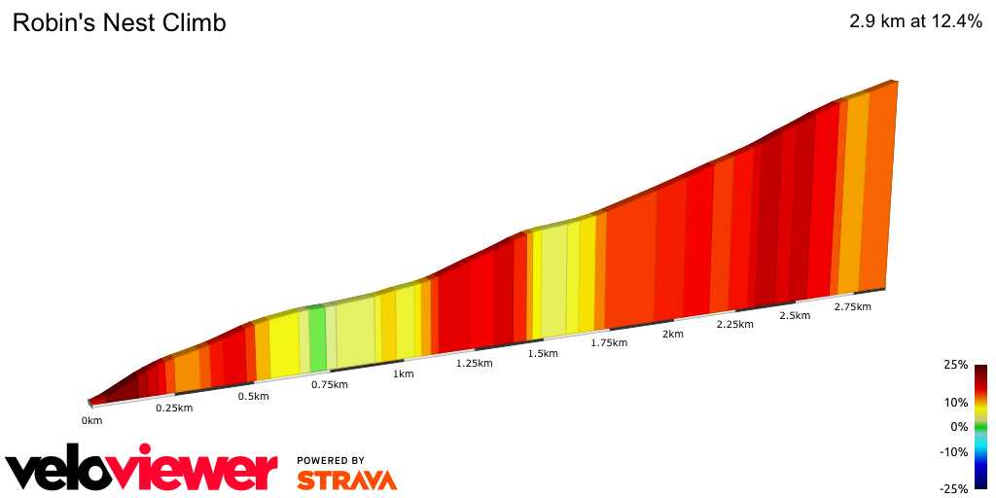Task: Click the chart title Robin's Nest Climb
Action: click(x=119, y=23)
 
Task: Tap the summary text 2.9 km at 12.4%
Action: click(x=915, y=21)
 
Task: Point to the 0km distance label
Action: click(x=91, y=421)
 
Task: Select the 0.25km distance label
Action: click(x=174, y=408)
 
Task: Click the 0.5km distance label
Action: click(x=253, y=396)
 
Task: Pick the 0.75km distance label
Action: click(x=329, y=384)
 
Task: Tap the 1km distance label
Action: click(x=403, y=373)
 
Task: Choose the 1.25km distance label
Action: click(x=475, y=363)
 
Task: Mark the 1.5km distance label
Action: click(x=543, y=353)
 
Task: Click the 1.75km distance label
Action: click(x=610, y=343)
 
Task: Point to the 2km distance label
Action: click(x=672, y=335)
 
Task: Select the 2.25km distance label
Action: click(x=734, y=325)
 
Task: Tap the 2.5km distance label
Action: click(x=795, y=316)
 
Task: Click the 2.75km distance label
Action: click(x=852, y=307)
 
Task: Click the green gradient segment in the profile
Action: click(x=317, y=338)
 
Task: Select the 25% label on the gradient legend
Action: click(x=955, y=365)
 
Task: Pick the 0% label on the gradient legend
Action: click(x=959, y=426)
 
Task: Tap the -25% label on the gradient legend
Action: click(x=953, y=489)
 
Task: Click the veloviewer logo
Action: click(x=141, y=469)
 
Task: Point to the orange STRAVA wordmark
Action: click(x=346, y=480)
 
